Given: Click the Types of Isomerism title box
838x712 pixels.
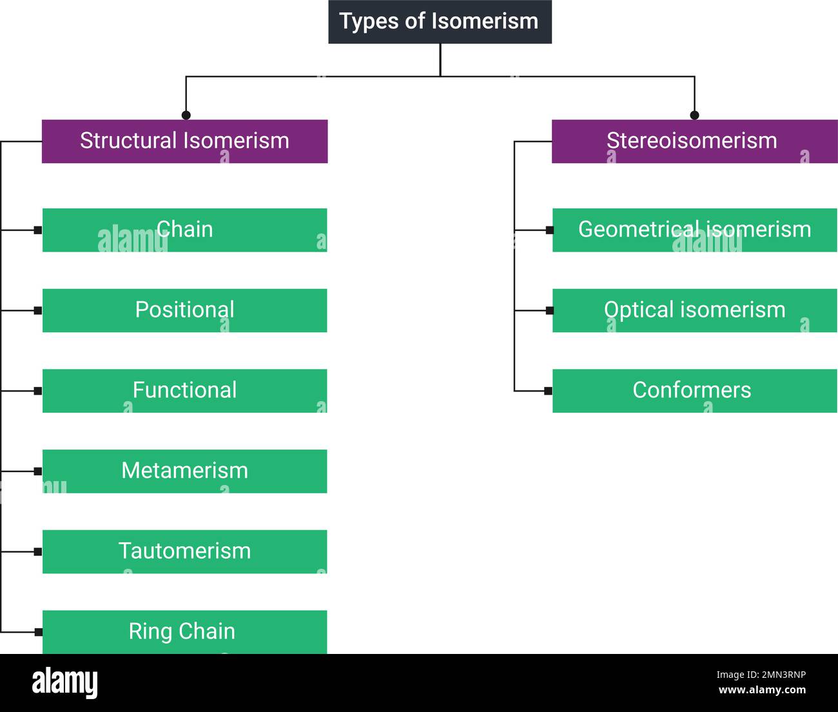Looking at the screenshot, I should pos(440,22).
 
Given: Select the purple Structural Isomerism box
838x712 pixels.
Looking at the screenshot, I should pos(184,141).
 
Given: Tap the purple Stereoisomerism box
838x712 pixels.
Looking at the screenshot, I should pos(694,141).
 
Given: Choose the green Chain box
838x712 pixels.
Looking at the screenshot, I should pos(184,230).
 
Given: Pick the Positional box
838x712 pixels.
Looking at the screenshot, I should pos(184,310).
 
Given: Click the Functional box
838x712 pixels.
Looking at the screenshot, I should pos(184,391).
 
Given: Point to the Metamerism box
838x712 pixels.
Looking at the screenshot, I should pos(184,471).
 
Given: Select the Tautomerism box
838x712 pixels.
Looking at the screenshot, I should pos(184,551).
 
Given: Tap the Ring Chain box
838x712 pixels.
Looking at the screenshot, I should pos(184,632).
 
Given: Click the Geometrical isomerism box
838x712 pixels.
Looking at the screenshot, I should pos(694,230).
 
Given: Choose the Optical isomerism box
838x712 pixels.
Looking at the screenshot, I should pos(694,310).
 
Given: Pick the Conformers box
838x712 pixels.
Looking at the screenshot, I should pos(694,391).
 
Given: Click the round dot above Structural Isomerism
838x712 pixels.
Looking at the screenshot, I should pos(186,115).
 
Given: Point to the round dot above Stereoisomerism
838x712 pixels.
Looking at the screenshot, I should pos(694,115).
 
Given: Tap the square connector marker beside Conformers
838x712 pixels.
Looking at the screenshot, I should pos(549,391).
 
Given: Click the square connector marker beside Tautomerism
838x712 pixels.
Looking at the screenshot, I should pos(38,551).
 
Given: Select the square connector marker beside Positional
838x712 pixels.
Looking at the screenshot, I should pos(38,310).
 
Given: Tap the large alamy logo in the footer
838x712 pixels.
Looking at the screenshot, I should pos(65,683).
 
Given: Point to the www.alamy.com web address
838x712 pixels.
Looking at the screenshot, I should pos(762,690).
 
